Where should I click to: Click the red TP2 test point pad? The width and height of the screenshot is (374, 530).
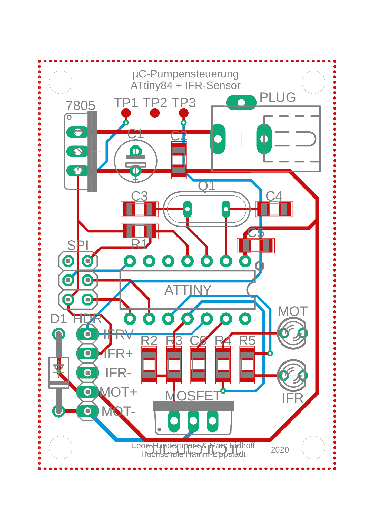click(155, 113)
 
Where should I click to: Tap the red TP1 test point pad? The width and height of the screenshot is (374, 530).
click(126, 113)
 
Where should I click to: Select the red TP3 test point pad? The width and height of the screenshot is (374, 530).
click(184, 113)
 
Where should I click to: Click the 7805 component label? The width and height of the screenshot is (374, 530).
click(80, 105)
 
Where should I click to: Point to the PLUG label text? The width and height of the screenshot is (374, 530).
click(278, 97)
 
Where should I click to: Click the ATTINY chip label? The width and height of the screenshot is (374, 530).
click(188, 290)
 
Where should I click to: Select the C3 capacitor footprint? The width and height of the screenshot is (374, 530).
click(139, 209)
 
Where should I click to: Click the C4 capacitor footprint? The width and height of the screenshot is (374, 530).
click(274, 209)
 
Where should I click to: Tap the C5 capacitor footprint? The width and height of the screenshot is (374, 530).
click(255, 246)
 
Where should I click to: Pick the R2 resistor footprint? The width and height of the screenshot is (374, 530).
click(149, 365)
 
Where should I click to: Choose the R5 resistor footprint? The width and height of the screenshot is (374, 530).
click(247, 365)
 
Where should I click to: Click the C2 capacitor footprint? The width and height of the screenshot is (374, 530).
click(179, 160)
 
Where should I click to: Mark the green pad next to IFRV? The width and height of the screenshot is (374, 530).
click(87, 334)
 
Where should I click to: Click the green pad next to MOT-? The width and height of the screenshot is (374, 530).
click(87, 411)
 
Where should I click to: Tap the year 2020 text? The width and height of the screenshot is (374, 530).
click(280, 450)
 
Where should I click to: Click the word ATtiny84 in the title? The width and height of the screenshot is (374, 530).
click(152, 86)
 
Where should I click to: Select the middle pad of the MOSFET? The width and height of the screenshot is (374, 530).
click(193, 421)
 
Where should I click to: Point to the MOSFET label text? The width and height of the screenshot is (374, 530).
click(193, 396)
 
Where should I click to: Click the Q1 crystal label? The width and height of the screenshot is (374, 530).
click(206, 186)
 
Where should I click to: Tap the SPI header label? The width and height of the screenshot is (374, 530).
click(78, 246)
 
